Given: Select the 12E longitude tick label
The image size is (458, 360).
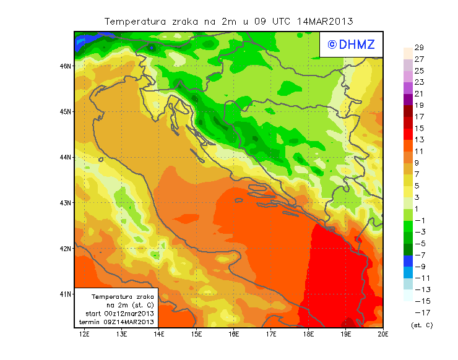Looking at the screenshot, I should click(x=85, y=335).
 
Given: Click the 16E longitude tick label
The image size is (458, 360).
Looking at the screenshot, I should click(x=234, y=335).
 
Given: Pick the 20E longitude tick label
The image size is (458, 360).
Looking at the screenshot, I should click(x=383, y=335).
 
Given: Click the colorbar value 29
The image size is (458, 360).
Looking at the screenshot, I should click(x=419, y=48).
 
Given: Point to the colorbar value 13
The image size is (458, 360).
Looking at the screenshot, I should click(x=419, y=140).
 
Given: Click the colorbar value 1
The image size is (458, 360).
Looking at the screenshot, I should click(x=419, y=209).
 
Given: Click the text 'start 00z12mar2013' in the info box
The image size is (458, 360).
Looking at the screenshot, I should click(x=119, y=314).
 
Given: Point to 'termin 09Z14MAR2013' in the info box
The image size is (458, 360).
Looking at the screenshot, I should click(x=119, y=322).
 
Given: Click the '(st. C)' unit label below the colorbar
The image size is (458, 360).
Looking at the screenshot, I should click(x=422, y=325).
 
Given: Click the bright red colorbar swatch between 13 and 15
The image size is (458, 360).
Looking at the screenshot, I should click(x=407, y=134).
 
